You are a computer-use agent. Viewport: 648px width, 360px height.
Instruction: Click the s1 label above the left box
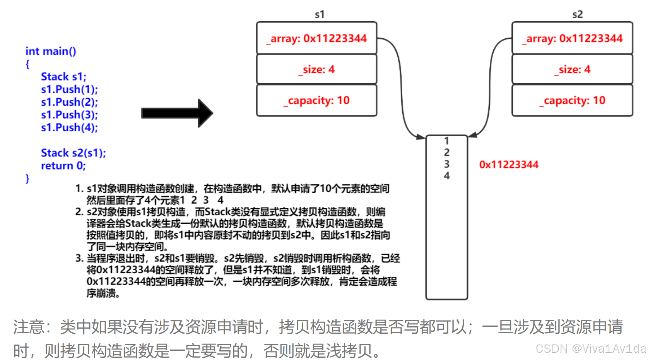320,15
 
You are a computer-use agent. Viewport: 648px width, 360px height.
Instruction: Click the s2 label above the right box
577,15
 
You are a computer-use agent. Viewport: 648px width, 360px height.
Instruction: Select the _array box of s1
316,38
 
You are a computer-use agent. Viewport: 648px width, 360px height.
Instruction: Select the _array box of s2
572,38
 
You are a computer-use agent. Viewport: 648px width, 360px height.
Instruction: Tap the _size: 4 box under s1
316,69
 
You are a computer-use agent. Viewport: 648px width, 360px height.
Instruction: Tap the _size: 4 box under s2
572,69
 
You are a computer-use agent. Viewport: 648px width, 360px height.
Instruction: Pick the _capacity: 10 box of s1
316,101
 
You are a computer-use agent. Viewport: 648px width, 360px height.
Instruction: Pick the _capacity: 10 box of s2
572,101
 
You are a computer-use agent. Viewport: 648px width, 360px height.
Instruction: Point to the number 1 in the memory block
446,141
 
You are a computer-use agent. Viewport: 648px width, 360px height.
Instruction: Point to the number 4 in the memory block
446,176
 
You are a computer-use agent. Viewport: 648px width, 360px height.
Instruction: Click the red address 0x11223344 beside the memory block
509,165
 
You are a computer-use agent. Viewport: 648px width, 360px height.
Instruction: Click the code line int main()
51,51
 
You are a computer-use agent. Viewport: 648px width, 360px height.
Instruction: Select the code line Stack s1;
63,77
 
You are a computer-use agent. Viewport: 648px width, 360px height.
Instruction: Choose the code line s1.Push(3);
69,115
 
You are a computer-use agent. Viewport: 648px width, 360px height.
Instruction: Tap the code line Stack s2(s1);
73,153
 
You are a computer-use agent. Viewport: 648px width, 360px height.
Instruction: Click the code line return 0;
63,166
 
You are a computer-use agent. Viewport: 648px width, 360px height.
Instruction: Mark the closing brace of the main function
27,178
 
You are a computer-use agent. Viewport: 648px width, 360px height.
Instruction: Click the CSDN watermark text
590,349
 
